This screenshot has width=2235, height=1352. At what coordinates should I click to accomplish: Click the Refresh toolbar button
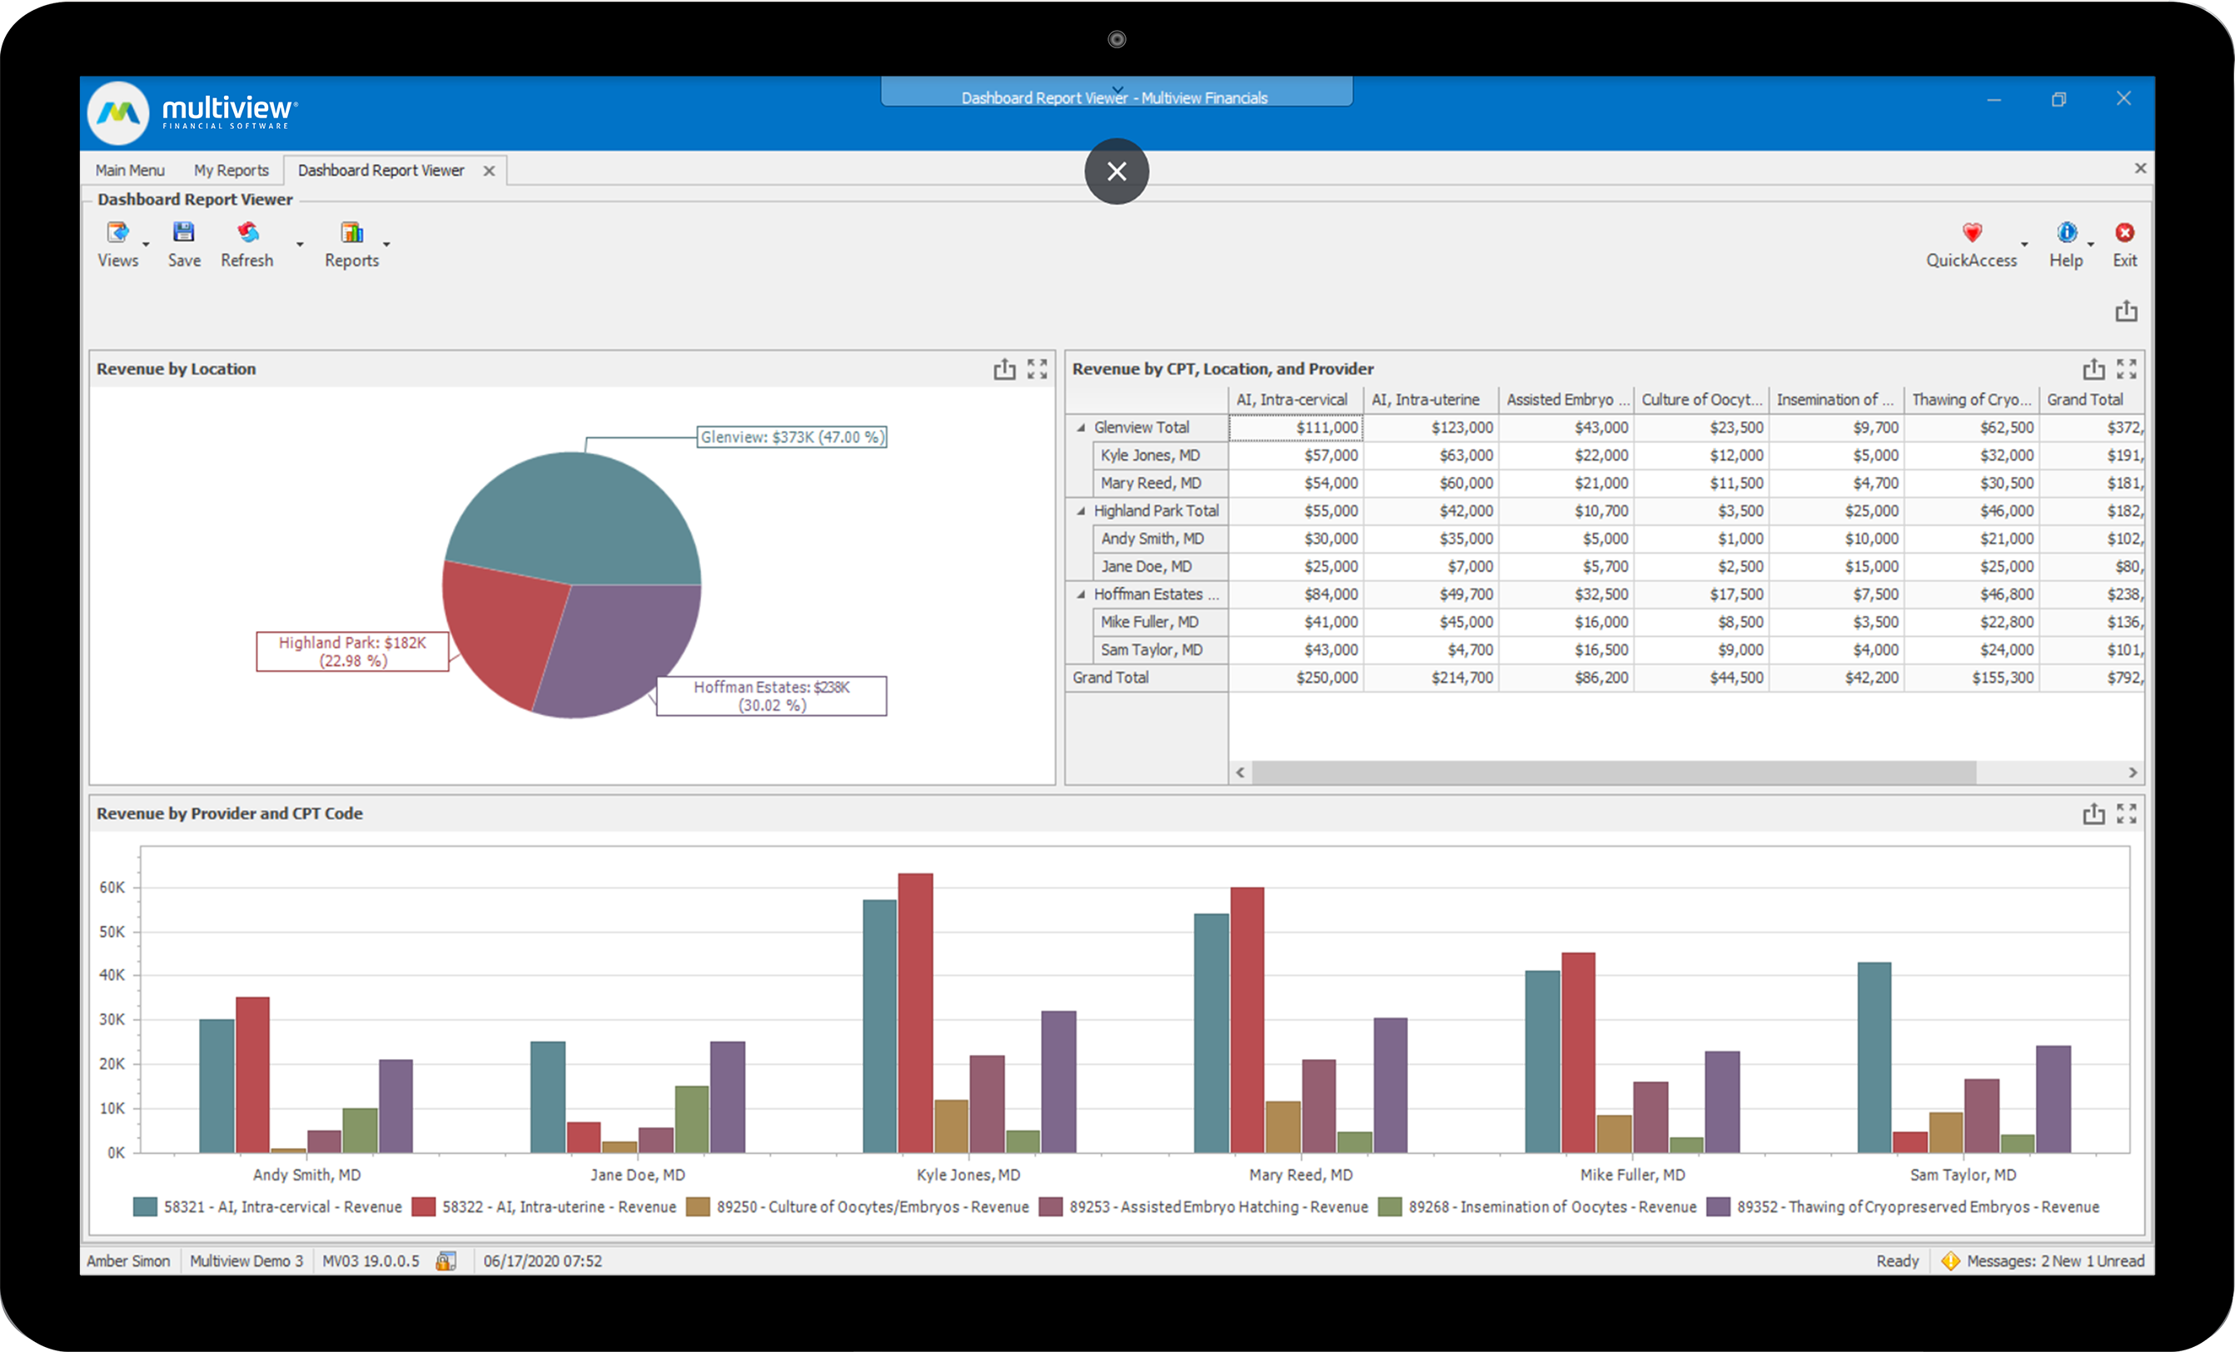(x=246, y=245)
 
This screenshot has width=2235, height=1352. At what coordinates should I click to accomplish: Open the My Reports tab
(x=231, y=171)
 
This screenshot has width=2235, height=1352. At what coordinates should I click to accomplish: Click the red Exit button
(x=2124, y=234)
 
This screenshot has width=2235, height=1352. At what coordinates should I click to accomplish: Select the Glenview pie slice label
(x=791, y=437)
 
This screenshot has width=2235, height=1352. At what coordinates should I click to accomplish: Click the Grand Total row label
(x=1110, y=678)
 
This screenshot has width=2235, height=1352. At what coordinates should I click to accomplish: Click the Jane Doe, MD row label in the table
(x=1146, y=567)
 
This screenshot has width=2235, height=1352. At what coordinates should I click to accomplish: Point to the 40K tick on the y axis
(x=112, y=976)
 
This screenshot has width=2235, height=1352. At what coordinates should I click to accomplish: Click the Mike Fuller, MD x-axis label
(x=1633, y=1176)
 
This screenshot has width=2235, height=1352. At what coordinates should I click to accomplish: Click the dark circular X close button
(x=1117, y=171)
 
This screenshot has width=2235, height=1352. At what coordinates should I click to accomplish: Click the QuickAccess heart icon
(x=1972, y=233)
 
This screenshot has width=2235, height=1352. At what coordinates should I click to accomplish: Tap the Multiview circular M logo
(x=119, y=113)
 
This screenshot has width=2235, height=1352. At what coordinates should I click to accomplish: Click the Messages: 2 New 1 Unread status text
(x=2054, y=1261)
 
